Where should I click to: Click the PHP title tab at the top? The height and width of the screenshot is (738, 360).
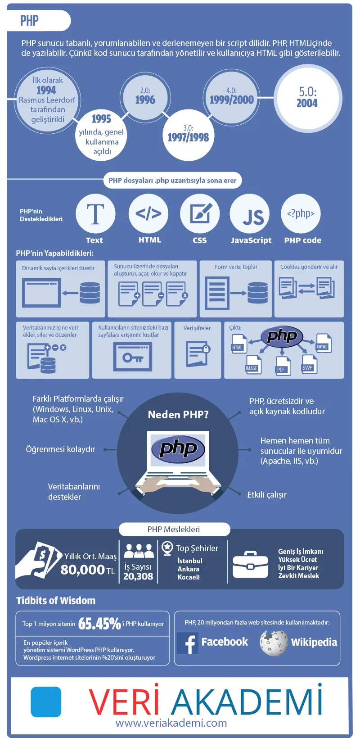click(30, 20)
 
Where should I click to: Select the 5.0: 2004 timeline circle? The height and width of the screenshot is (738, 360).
click(307, 97)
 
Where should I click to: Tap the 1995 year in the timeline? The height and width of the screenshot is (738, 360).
click(101, 119)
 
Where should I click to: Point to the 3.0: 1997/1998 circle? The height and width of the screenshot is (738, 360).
click(188, 134)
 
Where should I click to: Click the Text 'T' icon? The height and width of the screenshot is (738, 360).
click(95, 214)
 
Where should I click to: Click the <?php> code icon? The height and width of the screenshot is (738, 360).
click(301, 213)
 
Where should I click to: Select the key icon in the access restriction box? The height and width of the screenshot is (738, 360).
click(133, 358)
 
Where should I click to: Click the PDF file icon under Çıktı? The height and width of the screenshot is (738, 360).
click(283, 366)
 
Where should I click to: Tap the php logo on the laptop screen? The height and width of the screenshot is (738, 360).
click(178, 449)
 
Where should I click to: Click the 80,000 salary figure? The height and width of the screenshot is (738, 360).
click(83, 570)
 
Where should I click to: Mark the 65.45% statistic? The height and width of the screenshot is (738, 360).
click(99, 624)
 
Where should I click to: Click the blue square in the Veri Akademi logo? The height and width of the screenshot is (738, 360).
click(46, 702)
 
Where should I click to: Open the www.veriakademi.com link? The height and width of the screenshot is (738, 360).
click(171, 723)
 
